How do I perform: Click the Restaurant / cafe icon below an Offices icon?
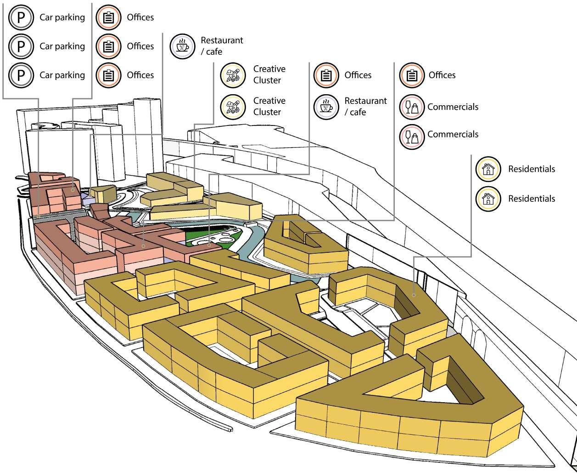tap(326, 106)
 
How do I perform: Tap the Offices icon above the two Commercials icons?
tap(412, 75)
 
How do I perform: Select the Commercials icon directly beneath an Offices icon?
tap(412, 107)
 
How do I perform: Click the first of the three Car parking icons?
tap(21, 17)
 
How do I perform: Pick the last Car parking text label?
tap(62, 75)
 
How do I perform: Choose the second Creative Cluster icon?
tap(234, 106)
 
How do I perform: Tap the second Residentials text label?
tap(531, 199)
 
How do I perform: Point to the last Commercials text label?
tap(453, 134)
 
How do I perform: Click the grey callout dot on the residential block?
tap(414, 295)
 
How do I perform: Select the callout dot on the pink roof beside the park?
tap(209, 245)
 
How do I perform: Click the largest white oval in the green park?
tap(227, 239)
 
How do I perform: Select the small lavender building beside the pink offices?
tap(85, 198)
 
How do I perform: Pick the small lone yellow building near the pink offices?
tap(103, 194)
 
